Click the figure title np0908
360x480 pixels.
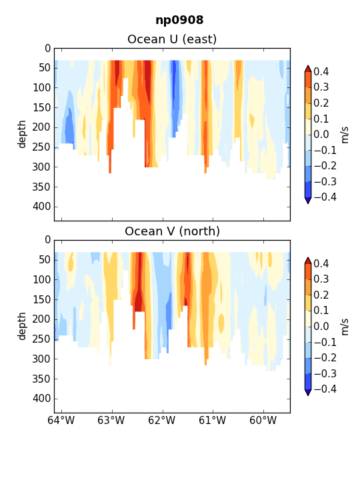click(x=179, y=20)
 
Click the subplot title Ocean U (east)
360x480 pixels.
click(x=172, y=39)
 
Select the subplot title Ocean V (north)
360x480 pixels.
click(x=173, y=231)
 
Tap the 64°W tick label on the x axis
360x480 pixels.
click(x=61, y=420)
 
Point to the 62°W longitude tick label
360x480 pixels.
click(x=162, y=420)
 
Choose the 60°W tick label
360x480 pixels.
click(x=263, y=420)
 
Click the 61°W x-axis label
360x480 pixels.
click(x=213, y=420)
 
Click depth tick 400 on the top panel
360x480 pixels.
click(x=41, y=207)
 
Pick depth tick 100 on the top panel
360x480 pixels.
click(x=41, y=87)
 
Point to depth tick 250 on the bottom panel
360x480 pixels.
click(x=41, y=339)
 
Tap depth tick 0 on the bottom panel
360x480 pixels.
click(x=48, y=240)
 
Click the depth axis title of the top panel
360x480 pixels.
click(x=21, y=134)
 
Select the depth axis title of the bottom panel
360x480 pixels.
click(x=21, y=326)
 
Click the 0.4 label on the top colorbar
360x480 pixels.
click(x=321, y=71)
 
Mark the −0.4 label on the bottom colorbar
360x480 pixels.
click(x=325, y=389)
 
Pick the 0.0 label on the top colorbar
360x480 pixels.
click(x=321, y=134)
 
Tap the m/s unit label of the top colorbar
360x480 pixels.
click(x=345, y=135)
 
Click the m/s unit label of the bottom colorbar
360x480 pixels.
click(x=345, y=327)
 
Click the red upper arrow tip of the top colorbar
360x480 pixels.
click(x=308, y=66)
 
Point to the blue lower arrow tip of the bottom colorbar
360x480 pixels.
click(x=308, y=395)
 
